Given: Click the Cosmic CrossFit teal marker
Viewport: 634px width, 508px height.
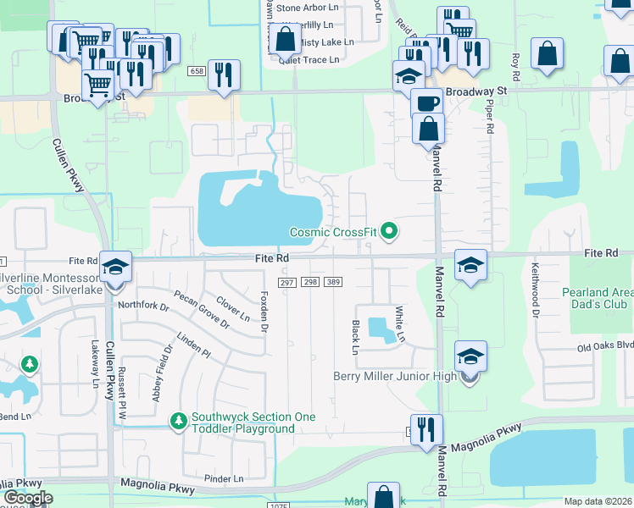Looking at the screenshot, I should [x=389, y=230].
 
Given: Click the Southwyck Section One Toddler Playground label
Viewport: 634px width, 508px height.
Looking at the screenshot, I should [x=253, y=422].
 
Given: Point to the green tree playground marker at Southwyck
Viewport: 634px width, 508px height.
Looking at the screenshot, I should [x=179, y=421].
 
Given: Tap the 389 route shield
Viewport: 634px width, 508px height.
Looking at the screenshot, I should [x=333, y=281].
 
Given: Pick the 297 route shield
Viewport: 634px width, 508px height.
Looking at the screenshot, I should [x=286, y=281].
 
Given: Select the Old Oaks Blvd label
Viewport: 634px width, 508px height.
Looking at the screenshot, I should [x=605, y=345].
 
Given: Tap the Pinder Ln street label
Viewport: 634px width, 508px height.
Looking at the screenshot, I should [x=224, y=478].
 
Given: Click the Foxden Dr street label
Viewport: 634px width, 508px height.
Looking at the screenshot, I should [x=264, y=311].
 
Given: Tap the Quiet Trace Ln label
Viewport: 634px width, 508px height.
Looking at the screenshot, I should [x=310, y=59].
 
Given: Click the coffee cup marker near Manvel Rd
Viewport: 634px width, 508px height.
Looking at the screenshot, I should [x=428, y=103].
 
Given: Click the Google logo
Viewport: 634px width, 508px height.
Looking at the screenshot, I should [x=27, y=498].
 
